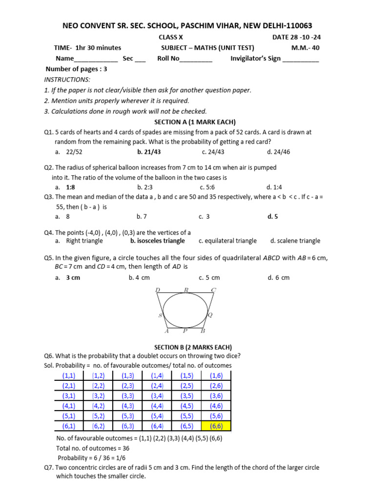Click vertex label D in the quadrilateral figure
[x=157, y=290]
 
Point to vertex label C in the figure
[x=213, y=290]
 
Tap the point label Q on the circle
[x=210, y=315]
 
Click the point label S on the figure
[x=160, y=316]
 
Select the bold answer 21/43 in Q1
[x=149, y=152]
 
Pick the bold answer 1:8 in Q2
[x=70, y=187]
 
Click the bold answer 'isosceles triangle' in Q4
[x=157, y=241]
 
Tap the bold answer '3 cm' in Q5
[x=73, y=277]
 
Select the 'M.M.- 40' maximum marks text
[x=306, y=48]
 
